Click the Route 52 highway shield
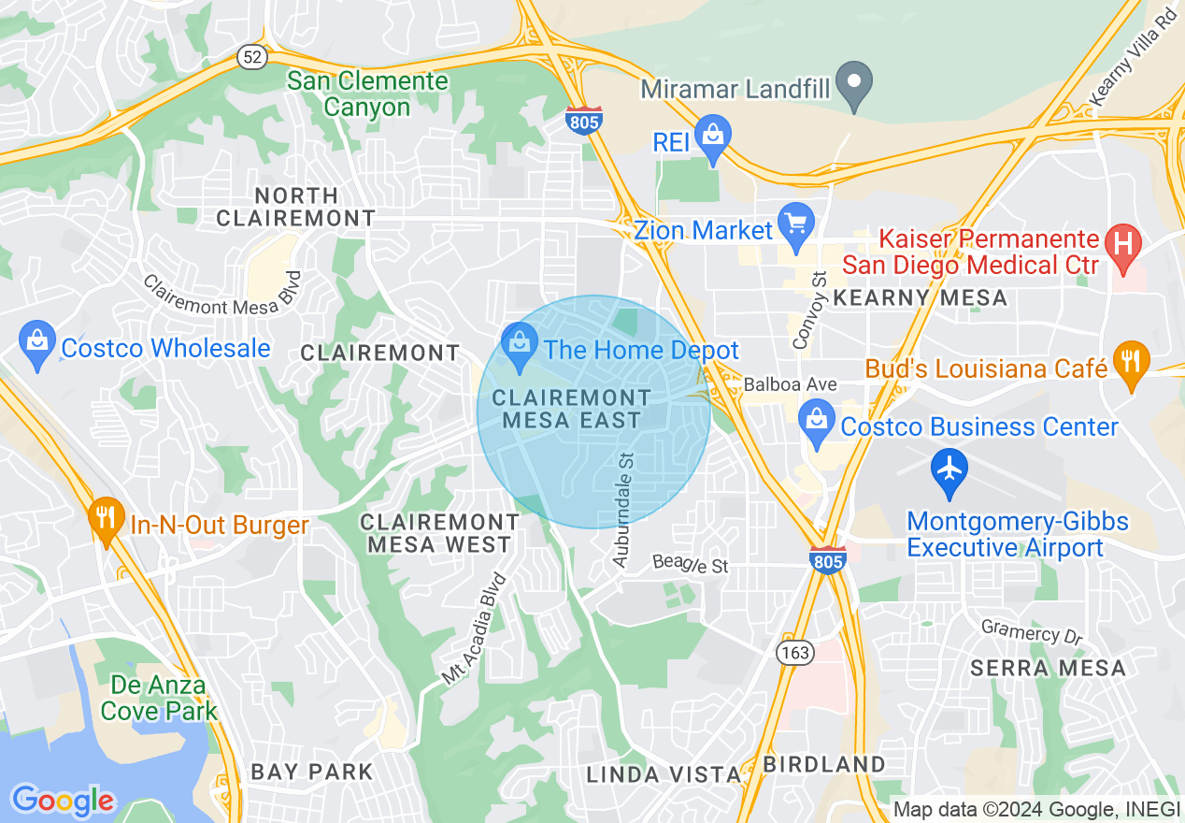250,57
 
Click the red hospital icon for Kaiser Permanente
1122,244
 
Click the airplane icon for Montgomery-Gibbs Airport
949,468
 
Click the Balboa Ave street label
791,384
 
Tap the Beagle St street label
690,564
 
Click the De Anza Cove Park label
158,698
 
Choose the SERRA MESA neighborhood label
1048,668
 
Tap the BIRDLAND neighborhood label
823,764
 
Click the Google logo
63,801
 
